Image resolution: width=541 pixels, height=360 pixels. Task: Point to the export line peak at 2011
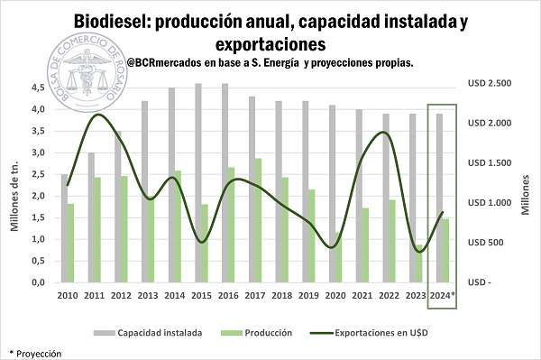point(98,115)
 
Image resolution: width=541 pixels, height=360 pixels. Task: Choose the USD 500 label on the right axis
point(487,242)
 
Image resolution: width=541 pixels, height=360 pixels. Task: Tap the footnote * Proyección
point(35,354)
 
